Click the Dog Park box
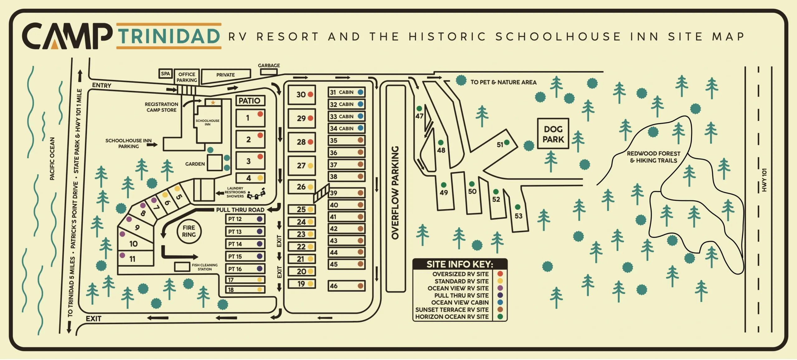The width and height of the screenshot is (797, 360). pos(553,134)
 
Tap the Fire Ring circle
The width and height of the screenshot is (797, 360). pos(189,231)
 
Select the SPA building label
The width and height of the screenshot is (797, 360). pos(165,74)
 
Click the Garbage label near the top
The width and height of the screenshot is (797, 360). pos(269,65)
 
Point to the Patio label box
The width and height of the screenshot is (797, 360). pos(250,101)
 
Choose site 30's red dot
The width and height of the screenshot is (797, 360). pos(310,94)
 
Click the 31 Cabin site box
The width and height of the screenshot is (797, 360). pos(346,92)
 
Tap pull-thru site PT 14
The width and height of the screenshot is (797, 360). pos(245,244)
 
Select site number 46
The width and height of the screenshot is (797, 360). pos(334,286)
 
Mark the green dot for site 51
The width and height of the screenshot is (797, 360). pos(507,142)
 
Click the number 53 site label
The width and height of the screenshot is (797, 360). pos(518,216)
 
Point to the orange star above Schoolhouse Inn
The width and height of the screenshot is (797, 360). pos(213,102)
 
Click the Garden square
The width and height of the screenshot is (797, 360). pos(215,163)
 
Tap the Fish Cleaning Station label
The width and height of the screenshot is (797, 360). pos(205,267)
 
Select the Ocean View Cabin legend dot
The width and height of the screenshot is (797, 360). pos(500,302)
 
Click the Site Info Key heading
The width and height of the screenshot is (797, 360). pos(460,264)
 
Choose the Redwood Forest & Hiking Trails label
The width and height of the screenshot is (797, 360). pos(653,157)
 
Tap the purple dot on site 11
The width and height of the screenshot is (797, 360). pos(122,256)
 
